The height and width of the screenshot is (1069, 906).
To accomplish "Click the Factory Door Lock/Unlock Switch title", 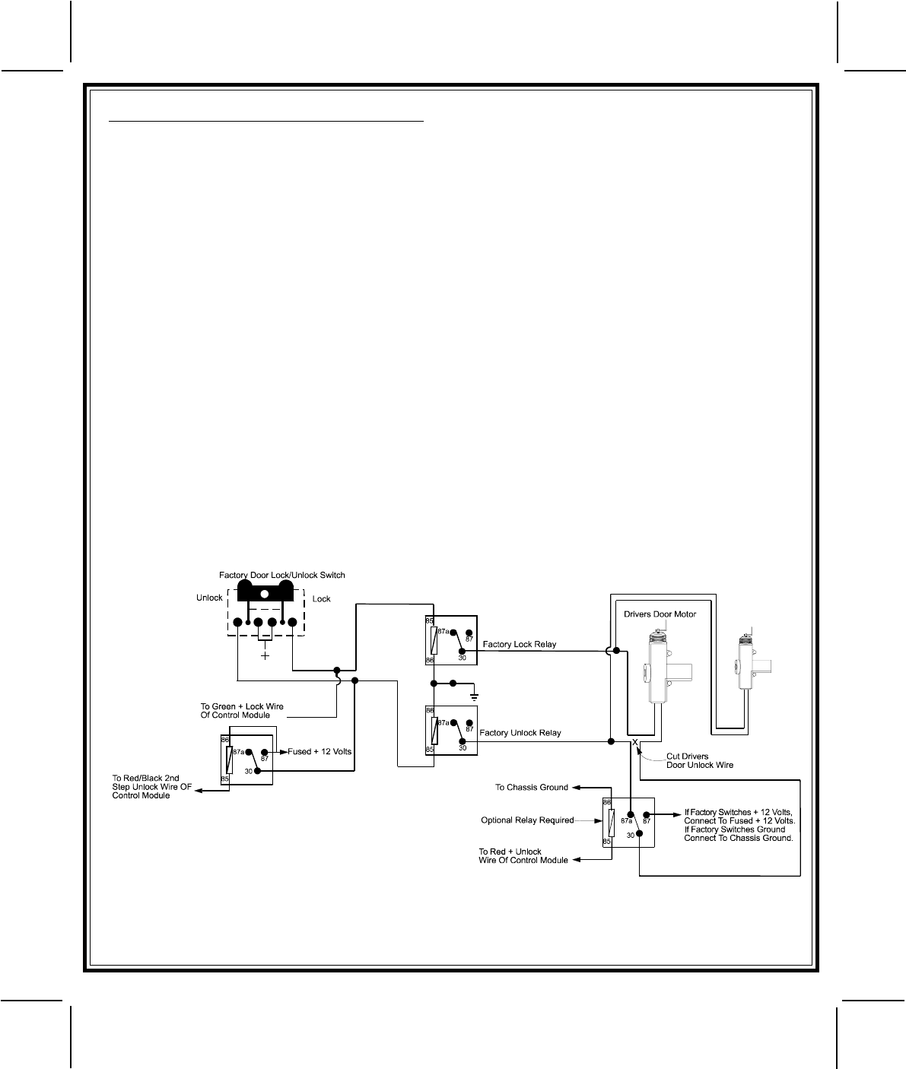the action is click(x=276, y=575).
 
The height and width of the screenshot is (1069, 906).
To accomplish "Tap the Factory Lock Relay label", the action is click(x=520, y=645).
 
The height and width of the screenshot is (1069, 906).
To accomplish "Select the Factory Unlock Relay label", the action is click(x=522, y=733).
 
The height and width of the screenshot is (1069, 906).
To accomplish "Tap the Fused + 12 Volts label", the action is click(x=319, y=752).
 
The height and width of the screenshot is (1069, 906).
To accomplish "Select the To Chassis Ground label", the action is click(x=532, y=787).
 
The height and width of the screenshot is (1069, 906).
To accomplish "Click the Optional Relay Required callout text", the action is click(x=527, y=820).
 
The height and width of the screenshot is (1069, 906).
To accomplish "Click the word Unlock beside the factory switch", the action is click(x=209, y=598).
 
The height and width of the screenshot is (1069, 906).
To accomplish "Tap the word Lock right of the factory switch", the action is click(x=322, y=599).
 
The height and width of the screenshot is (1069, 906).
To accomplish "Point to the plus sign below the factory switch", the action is click(x=265, y=655).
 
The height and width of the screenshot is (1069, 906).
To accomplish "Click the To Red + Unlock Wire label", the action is click(x=523, y=856).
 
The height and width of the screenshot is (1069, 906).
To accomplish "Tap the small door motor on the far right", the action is click(x=747, y=665).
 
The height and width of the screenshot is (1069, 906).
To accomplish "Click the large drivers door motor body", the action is click(x=659, y=669).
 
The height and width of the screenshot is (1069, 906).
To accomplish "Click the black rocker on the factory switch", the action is click(x=264, y=592).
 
